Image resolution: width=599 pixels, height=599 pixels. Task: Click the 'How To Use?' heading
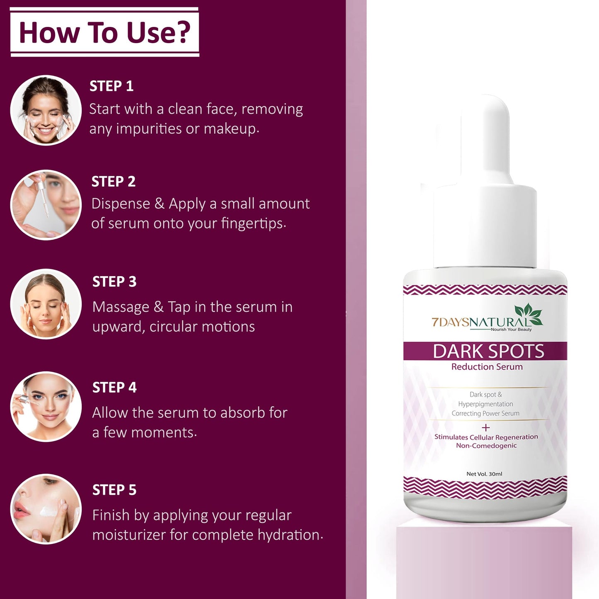(104, 32)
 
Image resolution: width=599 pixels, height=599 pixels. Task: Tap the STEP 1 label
(112, 86)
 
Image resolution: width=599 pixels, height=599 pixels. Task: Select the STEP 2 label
(114, 182)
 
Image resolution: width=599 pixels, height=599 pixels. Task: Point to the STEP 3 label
(114, 282)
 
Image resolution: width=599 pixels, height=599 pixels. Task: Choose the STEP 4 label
(114, 388)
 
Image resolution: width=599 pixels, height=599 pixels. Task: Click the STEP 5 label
(114, 490)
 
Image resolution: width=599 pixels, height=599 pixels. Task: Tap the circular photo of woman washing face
(46, 110)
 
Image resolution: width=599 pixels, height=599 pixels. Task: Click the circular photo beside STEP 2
(46, 205)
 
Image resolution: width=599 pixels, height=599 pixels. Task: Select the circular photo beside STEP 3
(46, 304)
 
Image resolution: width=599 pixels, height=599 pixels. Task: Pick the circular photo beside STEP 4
(46, 407)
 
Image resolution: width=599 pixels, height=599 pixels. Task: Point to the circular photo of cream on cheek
(46, 509)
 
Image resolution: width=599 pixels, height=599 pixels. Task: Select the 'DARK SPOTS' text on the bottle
(488, 352)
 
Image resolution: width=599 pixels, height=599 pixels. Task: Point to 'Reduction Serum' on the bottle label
(487, 367)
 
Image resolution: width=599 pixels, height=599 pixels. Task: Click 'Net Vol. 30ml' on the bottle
(484, 474)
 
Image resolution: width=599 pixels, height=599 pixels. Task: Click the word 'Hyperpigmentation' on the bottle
(485, 404)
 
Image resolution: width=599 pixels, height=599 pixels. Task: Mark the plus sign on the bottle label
(486, 427)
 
